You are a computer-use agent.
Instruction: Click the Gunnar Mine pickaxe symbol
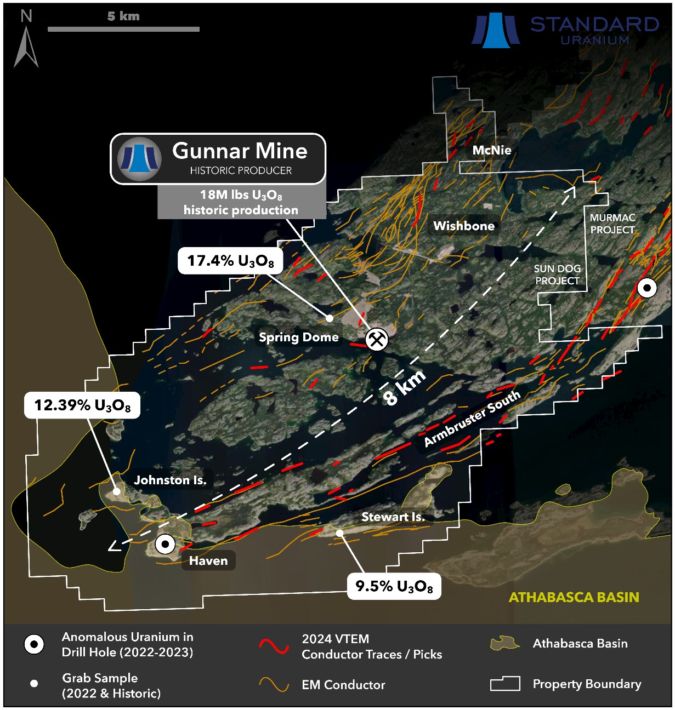pyautogui.click(x=377, y=339)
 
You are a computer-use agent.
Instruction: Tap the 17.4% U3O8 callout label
pyautogui.click(x=230, y=261)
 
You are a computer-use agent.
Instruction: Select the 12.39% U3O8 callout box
pyautogui.click(x=82, y=405)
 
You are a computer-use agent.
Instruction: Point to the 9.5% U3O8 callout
pyautogui.click(x=394, y=587)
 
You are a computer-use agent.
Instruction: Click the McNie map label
pyautogui.click(x=492, y=150)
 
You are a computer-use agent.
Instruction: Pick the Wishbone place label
pyautogui.click(x=464, y=226)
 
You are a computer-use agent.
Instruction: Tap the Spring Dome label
pyautogui.click(x=298, y=337)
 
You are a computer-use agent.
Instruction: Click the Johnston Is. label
pyautogui.click(x=170, y=480)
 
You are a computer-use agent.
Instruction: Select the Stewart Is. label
pyautogui.click(x=393, y=517)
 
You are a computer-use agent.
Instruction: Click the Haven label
pyautogui.click(x=208, y=560)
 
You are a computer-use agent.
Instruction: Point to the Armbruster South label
pyautogui.click(x=472, y=419)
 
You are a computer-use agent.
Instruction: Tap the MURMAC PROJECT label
pyautogui.click(x=612, y=224)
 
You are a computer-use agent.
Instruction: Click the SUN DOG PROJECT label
pyautogui.click(x=557, y=274)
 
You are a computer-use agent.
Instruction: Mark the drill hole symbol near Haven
pyautogui.click(x=165, y=545)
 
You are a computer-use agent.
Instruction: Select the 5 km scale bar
pyautogui.click(x=123, y=28)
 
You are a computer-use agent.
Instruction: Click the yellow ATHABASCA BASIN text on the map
pyautogui.click(x=574, y=597)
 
